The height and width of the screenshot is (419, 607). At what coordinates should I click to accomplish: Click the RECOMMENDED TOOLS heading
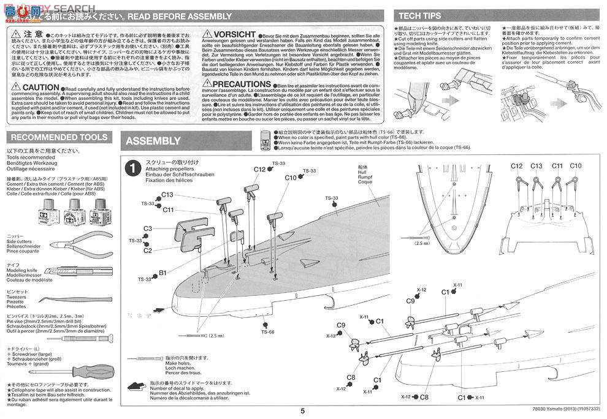(59, 138)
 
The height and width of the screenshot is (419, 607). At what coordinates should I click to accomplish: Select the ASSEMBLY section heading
(153, 141)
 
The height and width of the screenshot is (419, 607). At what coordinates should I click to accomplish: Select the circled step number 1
(131, 167)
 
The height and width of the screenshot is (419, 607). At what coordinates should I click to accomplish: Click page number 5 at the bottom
(303, 412)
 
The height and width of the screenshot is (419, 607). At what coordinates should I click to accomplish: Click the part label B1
(162, 273)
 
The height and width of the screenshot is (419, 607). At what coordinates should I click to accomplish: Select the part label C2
(148, 250)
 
